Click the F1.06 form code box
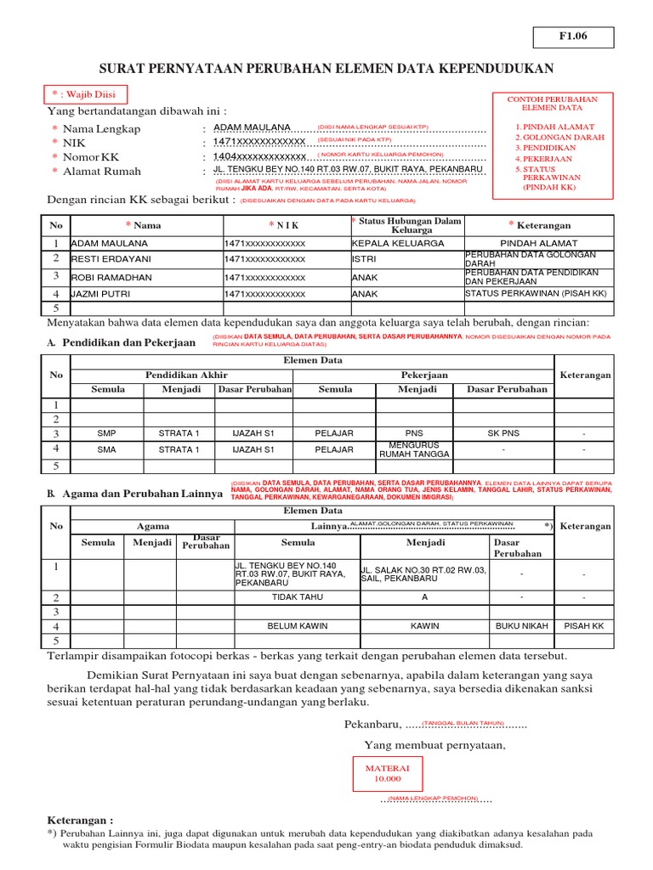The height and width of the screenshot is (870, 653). click(x=573, y=37)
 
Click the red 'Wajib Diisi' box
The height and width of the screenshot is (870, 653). click(x=82, y=94)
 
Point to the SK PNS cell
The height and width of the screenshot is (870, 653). click(x=503, y=433)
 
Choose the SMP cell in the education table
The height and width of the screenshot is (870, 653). click(x=107, y=433)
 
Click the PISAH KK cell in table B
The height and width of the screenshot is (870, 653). click(x=584, y=626)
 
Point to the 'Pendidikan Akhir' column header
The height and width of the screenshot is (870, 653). click(x=186, y=375)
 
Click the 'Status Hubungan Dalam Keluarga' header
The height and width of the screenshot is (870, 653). click(x=407, y=225)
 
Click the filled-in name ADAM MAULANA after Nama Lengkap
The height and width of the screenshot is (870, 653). click(x=252, y=127)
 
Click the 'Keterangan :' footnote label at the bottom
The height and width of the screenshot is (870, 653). click(x=80, y=821)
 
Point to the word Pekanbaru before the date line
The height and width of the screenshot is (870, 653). click(x=372, y=724)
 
